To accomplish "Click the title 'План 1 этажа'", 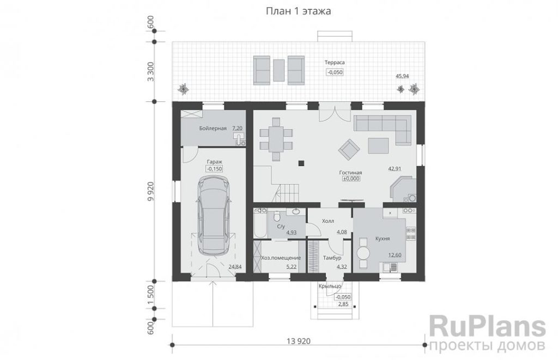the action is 299,11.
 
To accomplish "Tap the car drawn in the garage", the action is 214,215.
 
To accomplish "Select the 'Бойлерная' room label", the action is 213,129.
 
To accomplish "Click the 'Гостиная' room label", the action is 350,173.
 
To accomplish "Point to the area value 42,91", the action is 395,169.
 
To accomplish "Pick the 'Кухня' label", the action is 382,239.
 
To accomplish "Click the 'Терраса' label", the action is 335,63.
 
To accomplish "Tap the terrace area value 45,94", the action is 402,76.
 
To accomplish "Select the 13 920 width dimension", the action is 298,341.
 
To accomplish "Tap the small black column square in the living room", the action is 301,163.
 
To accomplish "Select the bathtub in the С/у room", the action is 260,223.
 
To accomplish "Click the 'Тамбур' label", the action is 332,258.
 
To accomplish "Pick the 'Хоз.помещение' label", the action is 281,258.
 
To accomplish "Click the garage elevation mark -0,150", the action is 215,169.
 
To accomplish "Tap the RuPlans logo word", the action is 487,327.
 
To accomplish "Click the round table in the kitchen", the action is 363,254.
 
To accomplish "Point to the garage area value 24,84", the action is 235,266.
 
